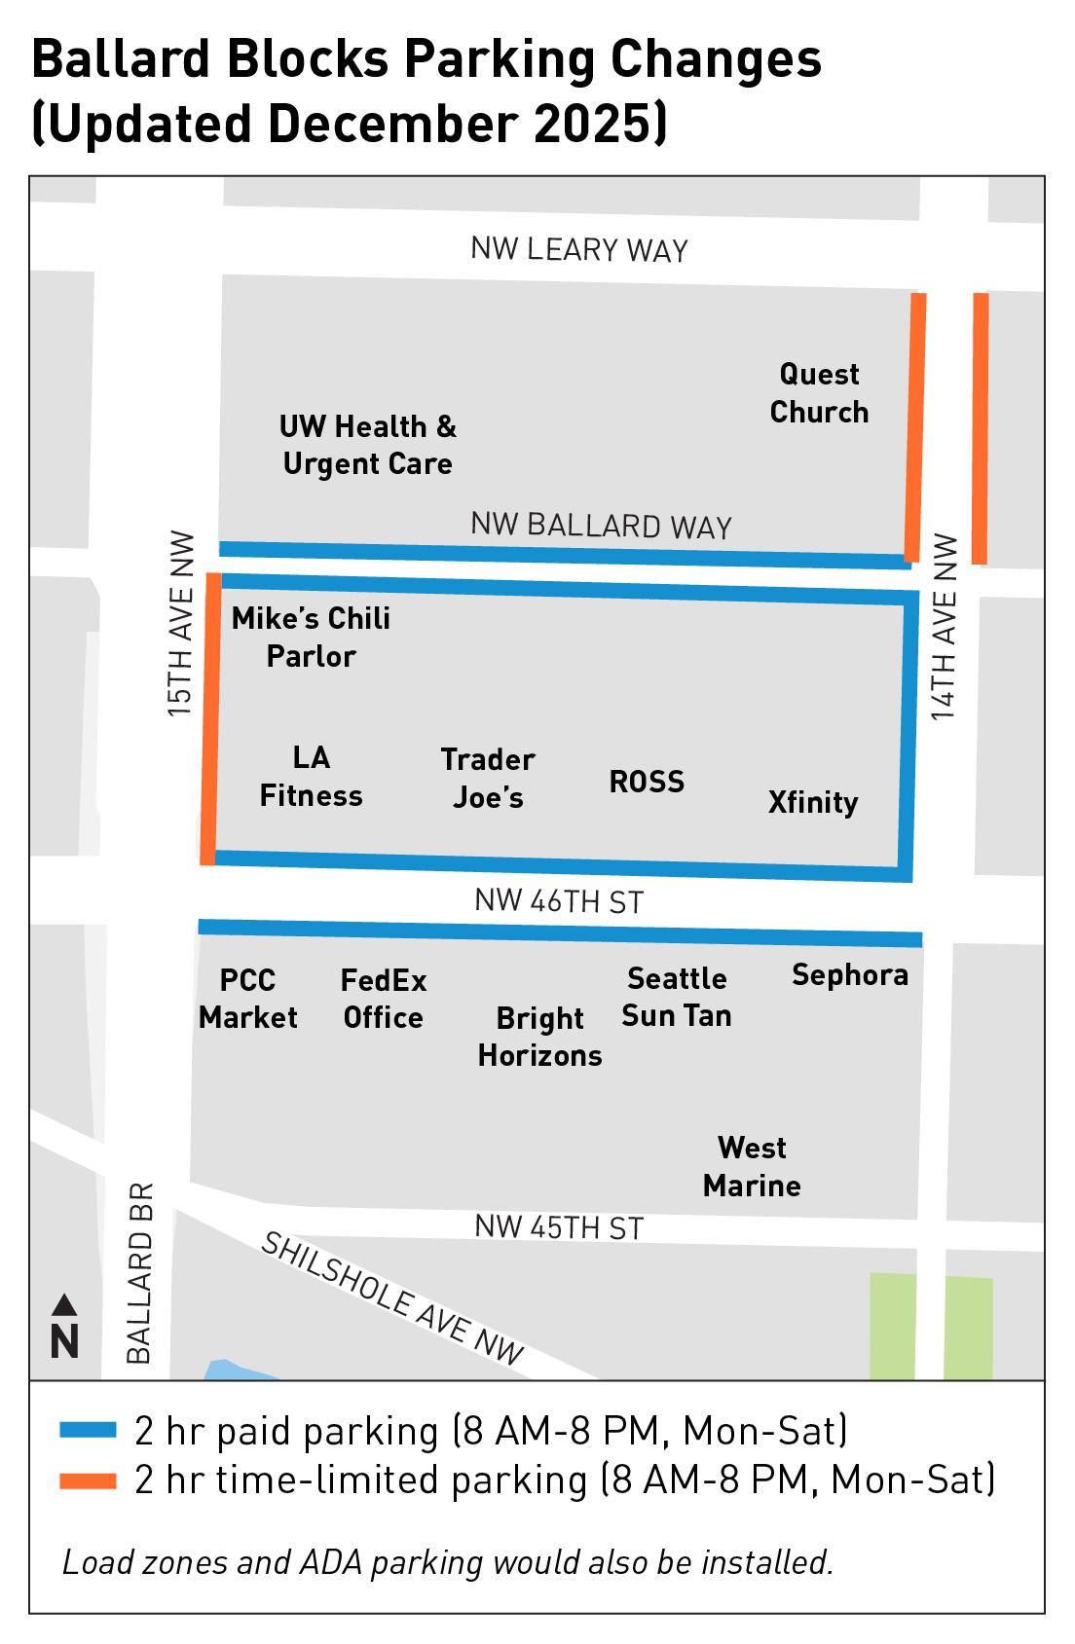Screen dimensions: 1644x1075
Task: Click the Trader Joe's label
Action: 488,779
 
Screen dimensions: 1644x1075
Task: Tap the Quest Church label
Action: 819,393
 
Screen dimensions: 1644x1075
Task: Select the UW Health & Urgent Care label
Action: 367,445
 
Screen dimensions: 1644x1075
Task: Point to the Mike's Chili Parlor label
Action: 311,637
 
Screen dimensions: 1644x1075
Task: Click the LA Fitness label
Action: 311,777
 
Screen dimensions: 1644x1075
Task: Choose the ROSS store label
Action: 647,783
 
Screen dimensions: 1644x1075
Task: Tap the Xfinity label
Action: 813,803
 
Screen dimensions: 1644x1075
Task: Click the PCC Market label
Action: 248,999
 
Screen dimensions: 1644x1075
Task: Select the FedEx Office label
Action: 384,999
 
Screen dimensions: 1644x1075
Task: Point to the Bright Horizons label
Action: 539,1037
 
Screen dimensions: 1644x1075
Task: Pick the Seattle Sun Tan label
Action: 677,997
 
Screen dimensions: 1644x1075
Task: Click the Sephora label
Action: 850,975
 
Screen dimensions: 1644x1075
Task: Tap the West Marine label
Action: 752,1167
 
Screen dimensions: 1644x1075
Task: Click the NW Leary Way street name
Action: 579,250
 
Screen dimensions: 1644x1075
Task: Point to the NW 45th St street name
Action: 559,1227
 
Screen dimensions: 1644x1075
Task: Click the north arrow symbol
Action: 64,1327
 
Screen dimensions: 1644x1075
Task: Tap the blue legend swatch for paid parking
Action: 88,1431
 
